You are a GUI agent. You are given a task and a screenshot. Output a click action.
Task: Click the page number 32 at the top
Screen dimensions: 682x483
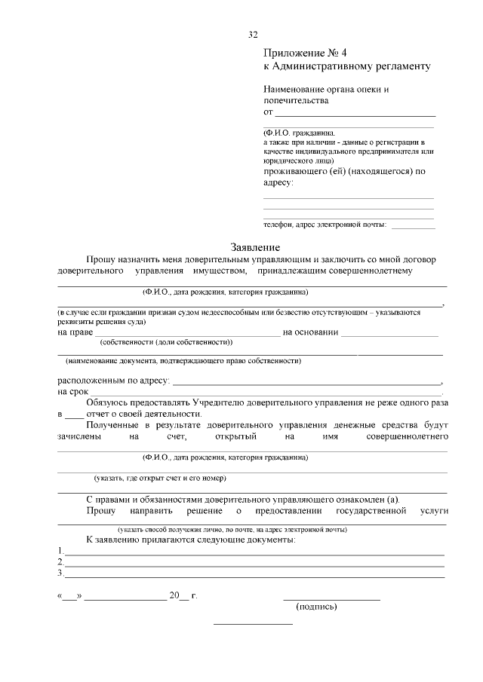click(254, 35)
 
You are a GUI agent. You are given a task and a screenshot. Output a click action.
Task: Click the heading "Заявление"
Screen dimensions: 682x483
click(255, 247)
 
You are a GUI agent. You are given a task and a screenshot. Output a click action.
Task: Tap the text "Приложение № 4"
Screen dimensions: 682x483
click(305, 53)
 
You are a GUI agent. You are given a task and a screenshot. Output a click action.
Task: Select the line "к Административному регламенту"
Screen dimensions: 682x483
click(346, 66)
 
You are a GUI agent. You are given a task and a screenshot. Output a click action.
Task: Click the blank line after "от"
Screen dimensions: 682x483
click(355, 115)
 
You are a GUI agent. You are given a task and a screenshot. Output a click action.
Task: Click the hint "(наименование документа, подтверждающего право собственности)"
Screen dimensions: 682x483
click(183, 361)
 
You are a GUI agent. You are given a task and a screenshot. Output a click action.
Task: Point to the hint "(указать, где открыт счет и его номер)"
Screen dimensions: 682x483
click(160, 478)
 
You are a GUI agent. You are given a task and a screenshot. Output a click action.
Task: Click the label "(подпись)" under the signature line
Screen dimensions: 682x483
click(317, 607)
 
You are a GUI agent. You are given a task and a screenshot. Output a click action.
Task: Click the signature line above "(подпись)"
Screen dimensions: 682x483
click(331, 598)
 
